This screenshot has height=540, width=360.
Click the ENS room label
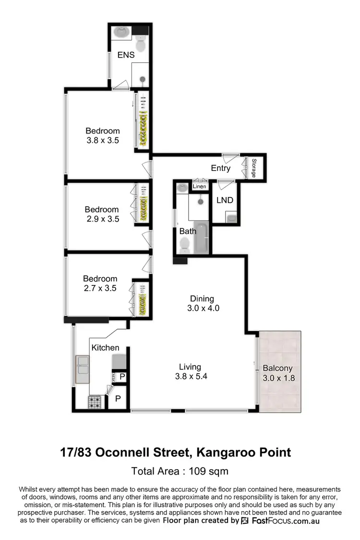tap(126, 55)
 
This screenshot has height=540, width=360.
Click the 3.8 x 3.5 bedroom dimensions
tap(102, 141)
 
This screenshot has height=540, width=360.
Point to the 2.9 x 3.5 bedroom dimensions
tap(101, 219)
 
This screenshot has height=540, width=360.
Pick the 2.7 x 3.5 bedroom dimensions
tap(100, 289)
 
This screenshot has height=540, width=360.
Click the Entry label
tap(221, 168)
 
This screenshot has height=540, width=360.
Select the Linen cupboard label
tap(199, 186)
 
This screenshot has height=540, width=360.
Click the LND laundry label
tap(225, 200)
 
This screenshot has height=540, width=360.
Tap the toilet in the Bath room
tap(184, 245)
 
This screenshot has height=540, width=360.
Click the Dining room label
tap(202, 298)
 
